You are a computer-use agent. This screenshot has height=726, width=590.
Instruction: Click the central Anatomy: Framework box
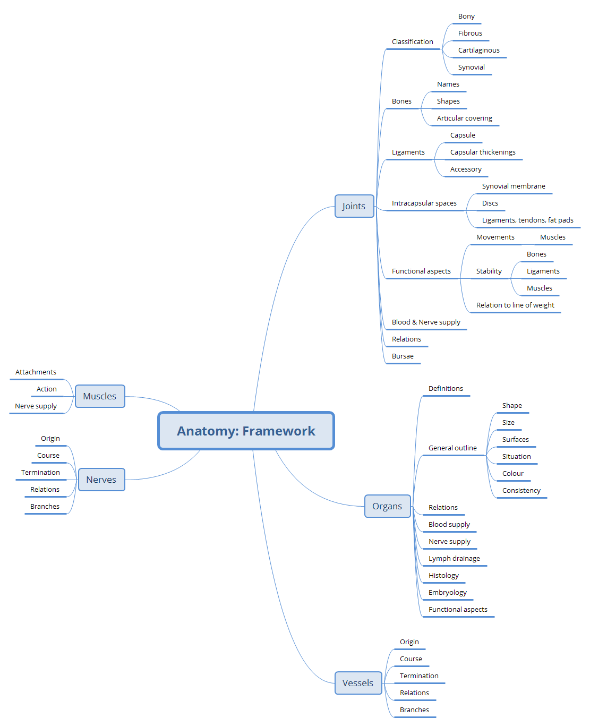[x=246, y=431]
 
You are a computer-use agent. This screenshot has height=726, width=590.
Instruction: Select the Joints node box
[x=354, y=206]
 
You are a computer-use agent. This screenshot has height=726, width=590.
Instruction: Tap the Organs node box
[x=387, y=506]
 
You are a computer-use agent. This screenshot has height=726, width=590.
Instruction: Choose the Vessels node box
[x=357, y=683]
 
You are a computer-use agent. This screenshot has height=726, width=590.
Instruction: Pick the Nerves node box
[x=101, y=480]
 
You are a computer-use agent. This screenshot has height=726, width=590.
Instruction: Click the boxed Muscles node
[x=100, y=396]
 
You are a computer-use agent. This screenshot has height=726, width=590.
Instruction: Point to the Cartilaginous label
[x=478, y=50]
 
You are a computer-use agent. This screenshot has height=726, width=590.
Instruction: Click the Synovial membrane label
[x=514, y=186]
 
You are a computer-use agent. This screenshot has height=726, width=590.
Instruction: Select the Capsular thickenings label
[x=483, y=152]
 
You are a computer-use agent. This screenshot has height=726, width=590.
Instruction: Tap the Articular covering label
[x=464, y=118]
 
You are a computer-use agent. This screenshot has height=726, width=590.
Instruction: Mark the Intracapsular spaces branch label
[x=424, y=203]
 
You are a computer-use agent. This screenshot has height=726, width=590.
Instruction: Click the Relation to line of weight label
[x=515, y=305]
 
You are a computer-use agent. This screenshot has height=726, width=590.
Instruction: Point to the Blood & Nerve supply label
[x=426, y=322]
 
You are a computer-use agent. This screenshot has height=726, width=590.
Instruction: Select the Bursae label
[x=403, y=356]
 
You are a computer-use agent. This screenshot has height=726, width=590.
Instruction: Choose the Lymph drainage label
[x=454, y=559]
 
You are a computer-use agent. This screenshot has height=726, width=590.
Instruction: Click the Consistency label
[x=521, y=491]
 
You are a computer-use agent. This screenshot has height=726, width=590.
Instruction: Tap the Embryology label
[x=447, y=593]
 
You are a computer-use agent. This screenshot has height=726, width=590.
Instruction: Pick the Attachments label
[x=36, y=372]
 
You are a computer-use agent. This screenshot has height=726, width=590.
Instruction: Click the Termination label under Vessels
[x=419, y=676]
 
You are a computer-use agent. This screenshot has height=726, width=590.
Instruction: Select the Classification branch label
[x=412, y=42]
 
